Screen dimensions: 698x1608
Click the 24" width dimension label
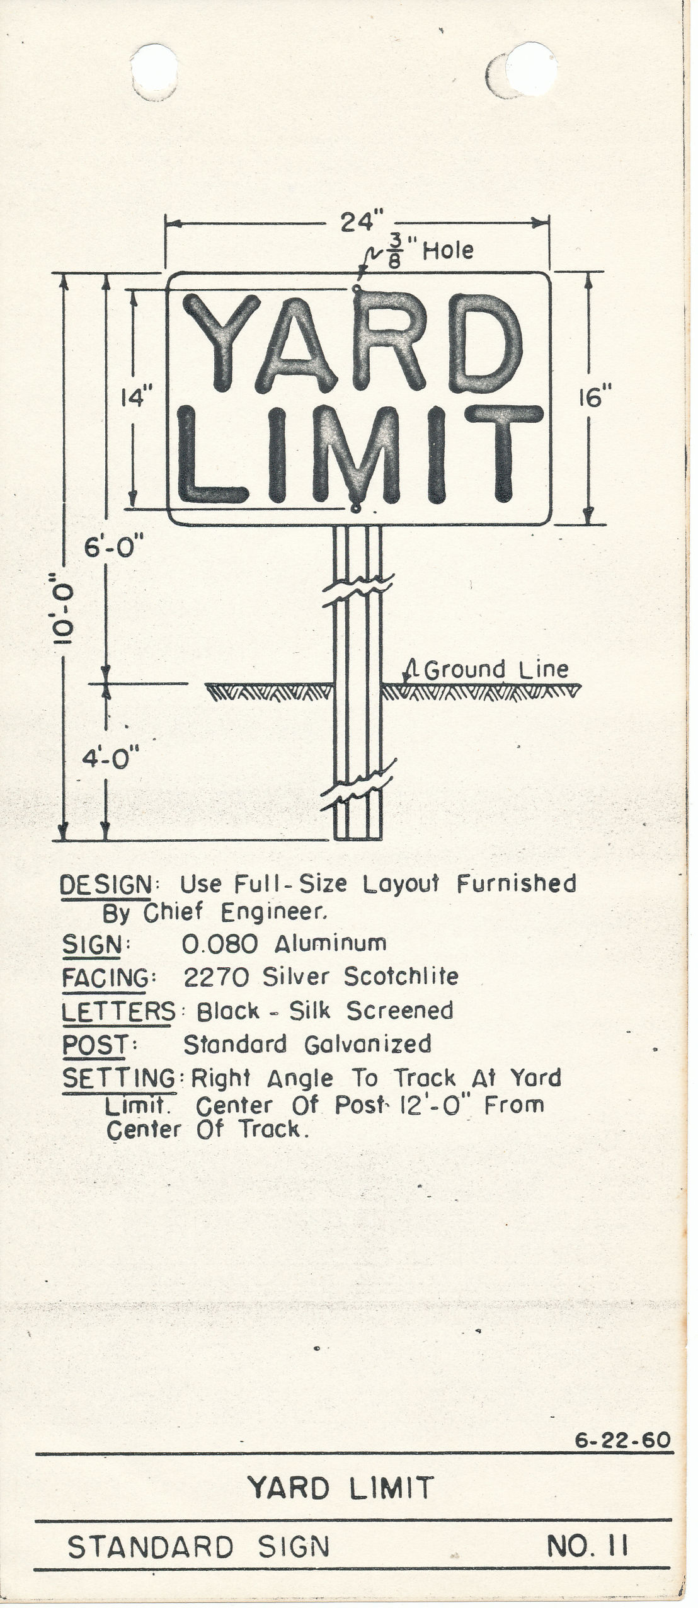coord(362,222)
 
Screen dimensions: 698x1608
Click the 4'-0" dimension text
coord(110,757)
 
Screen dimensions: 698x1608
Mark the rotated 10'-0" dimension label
coord(64,608)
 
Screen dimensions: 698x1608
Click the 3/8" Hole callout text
coord(428,252)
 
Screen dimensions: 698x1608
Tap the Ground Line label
coord(496,669)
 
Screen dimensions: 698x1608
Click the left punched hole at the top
coord(153,71)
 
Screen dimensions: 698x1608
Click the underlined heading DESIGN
coord(106,885)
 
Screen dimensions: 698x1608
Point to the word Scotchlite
coord(401,976)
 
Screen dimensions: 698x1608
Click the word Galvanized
coord(368,1044)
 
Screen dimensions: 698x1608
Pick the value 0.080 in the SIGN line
coord(220,943)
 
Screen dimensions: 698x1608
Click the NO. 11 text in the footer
coord(587,1546)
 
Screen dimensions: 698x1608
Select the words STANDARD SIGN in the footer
coord(198,1548)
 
